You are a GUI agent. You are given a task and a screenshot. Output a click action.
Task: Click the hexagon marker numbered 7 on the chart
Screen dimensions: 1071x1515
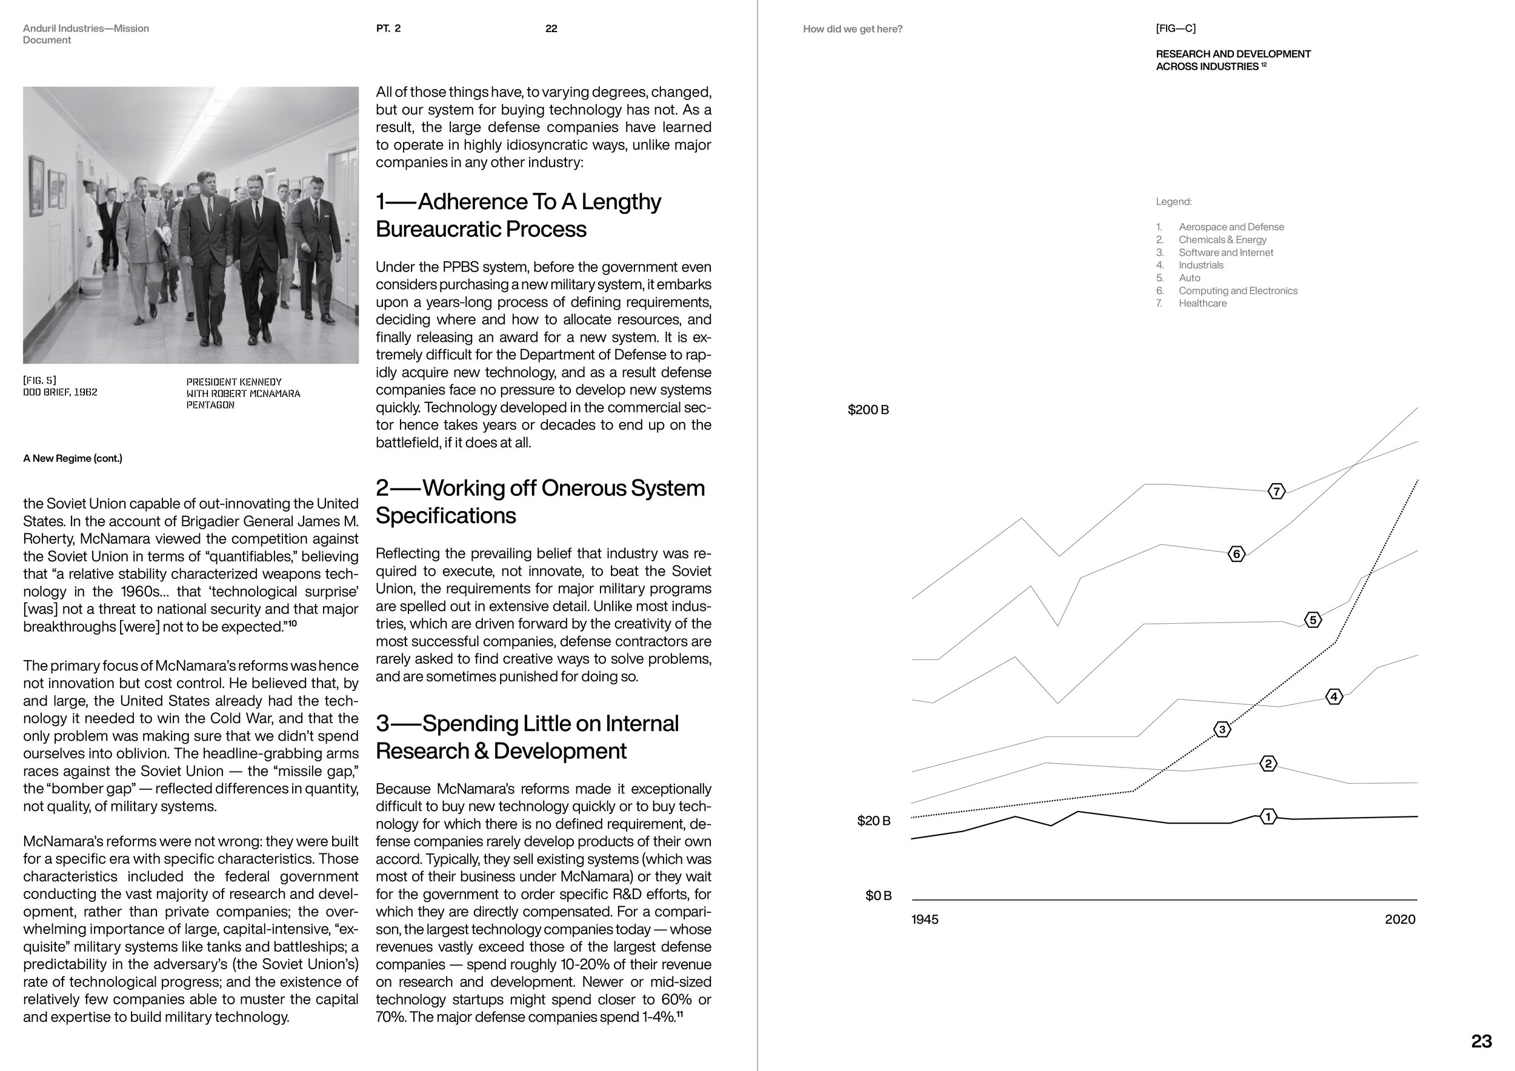[1276, 491]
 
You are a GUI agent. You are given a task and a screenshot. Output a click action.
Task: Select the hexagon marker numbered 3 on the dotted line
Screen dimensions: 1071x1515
[1222, 729]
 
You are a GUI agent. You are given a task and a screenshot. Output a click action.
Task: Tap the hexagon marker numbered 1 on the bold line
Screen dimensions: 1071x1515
[1268, 816]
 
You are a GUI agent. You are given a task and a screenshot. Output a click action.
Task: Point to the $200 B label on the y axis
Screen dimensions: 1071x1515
[868, 410]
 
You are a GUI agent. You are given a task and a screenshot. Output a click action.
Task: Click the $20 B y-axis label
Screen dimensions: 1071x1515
[873, 821]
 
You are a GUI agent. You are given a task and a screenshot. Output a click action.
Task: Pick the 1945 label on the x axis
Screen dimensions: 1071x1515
[924, 919]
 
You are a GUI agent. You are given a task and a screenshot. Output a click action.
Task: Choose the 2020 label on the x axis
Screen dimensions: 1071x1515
[1399, 919]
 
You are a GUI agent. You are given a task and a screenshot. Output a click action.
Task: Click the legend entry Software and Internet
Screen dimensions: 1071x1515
[1225, 252]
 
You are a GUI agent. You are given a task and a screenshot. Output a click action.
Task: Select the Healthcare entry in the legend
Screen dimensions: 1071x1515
[1202, 303]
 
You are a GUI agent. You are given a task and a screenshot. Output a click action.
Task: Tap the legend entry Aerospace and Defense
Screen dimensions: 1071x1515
[1231, 226]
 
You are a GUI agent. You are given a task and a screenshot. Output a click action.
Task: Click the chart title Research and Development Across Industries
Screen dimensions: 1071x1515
[1233, 60]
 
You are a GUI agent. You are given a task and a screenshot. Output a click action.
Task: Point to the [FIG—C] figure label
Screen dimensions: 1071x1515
[1175, 28]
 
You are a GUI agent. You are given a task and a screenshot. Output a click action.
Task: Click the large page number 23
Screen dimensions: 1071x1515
[1481, 1041]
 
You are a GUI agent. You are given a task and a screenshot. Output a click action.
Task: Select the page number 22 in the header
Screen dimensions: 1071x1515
[551, 28]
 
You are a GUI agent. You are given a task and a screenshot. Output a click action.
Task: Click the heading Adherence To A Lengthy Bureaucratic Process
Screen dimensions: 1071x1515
[518, 215]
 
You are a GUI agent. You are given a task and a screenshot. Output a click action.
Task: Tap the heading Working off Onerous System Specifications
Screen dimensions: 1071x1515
[540, 501]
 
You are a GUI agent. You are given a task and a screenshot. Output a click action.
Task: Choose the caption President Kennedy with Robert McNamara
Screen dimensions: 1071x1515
[243, 393]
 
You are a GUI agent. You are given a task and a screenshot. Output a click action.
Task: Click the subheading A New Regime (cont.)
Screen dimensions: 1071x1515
[73, 458]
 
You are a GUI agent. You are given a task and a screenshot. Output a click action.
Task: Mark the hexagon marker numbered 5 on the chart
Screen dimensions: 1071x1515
[1313, 619]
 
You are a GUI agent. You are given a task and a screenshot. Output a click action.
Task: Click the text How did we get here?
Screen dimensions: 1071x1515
[853, 29]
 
